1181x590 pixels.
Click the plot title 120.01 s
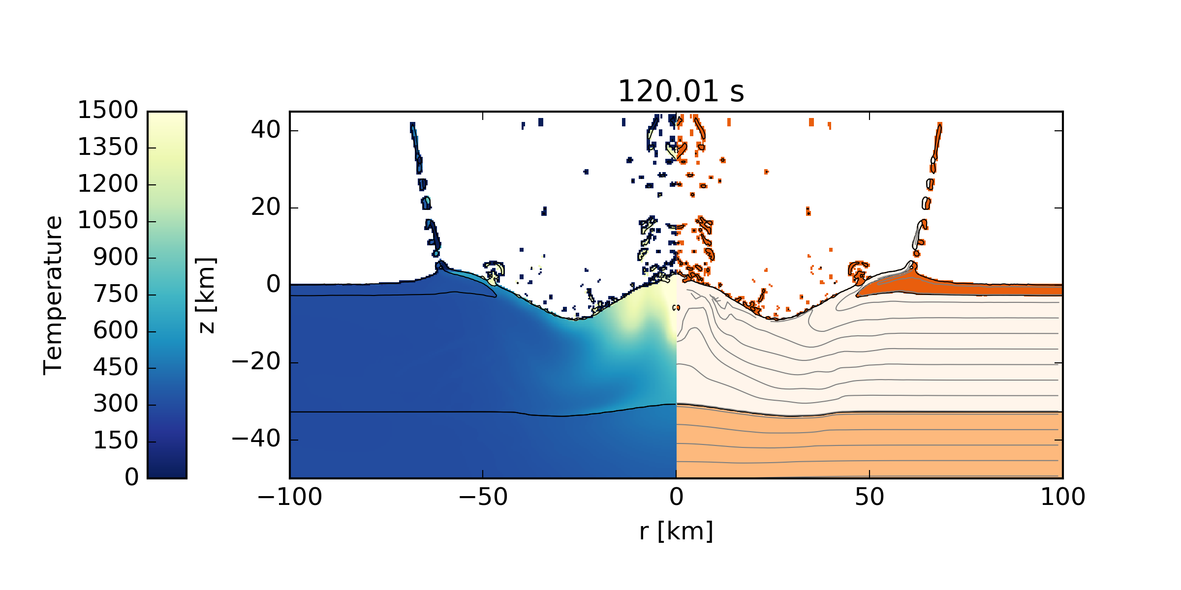click(x=681, y=92)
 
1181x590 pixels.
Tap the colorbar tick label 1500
click(x=108, y=110)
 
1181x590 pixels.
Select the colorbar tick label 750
click(x=116, y=294)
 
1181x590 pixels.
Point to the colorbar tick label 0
click(x=131, y=477)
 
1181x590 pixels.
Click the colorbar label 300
click(x=116, y=404)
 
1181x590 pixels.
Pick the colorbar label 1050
click(x=108, y=220)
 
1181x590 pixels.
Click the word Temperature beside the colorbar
click(x=53, y=295)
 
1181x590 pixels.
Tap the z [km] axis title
click(x=206, y=295)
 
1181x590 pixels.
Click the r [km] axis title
click(x=676, y=531)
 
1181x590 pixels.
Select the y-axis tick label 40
click(x=265, y=130)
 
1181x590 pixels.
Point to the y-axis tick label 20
click(x=265, y=207)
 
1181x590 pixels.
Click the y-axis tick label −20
click(x=256, y=362)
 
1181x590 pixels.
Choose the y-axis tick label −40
click(x=256, y=439)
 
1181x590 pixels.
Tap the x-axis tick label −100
click(x=289, y=497)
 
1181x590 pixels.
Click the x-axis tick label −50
click(x=483, y=497)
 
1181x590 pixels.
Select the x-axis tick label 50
click(x=869, y=497)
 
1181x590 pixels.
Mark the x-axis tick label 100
click(x=1062, y=497)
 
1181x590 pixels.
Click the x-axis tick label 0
click(x=676, y=497)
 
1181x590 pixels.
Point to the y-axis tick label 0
click(x=273, y=285)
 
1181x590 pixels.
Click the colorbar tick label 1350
click(x=108, y=147)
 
